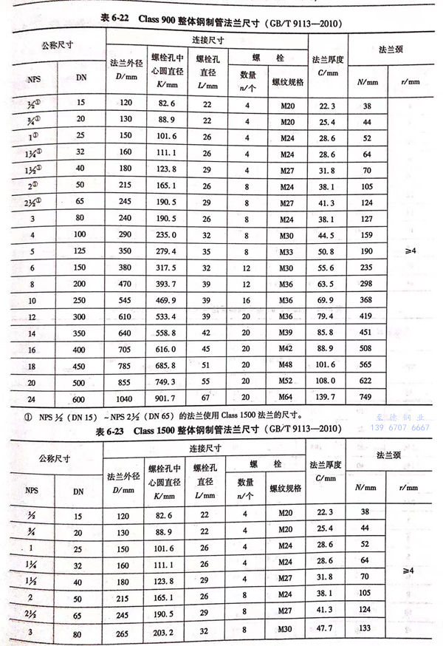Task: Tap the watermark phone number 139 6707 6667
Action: (399, 427)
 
